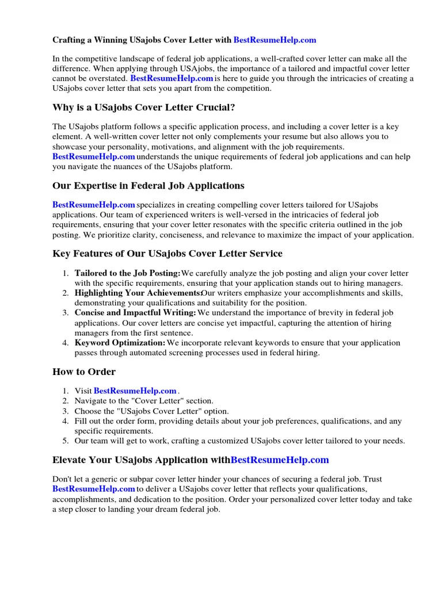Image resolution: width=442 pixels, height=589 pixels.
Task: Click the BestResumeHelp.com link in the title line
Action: (275, 40)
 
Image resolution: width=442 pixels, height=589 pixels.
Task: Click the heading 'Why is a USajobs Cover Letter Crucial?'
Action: (143, 108)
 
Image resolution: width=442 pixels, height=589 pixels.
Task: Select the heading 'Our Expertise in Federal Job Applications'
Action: (148, 186)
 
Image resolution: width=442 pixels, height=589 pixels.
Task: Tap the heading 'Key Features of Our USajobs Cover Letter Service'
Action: (167, 254)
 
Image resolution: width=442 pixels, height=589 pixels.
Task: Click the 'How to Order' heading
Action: (83, 372)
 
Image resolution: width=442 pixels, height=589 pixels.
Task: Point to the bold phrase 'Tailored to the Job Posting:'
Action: (127, 273)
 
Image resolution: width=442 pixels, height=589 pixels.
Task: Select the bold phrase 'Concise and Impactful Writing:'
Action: (135, 313)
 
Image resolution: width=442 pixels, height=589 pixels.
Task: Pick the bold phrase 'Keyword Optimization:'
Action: (120, 343)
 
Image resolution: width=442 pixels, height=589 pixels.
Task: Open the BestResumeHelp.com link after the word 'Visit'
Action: (135, 391)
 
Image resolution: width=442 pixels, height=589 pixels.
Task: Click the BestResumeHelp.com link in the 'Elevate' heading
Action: (280, 460)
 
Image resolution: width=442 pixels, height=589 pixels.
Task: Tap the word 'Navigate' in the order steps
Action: (91, 401)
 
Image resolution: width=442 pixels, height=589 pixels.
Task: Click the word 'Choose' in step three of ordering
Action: (88, 411)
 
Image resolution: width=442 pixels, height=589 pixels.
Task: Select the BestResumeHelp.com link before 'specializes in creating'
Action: (94, 205)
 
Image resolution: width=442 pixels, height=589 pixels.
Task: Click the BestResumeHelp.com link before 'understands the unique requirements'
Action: (94, 156)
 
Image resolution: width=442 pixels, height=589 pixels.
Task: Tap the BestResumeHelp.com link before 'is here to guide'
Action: (172, 78)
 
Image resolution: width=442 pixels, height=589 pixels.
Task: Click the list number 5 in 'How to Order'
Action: (66, 441)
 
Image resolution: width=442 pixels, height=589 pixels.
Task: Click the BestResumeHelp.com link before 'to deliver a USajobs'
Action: (94, 489)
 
